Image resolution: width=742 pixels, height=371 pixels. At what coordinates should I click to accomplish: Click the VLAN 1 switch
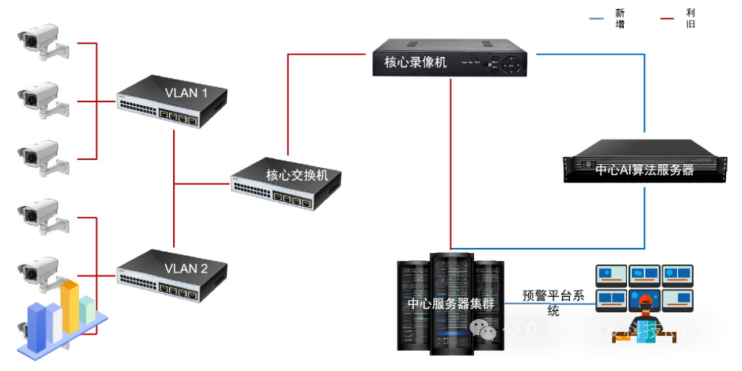172,101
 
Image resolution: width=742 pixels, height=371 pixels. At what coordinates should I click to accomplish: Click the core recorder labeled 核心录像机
450,59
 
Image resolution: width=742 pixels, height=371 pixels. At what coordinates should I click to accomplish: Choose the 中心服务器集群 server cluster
450,304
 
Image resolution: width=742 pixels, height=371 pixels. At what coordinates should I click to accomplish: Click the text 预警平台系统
553,302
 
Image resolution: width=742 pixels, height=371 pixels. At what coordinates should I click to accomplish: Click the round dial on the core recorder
510,64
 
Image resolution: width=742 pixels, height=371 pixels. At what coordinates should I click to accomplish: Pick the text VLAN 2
186,269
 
